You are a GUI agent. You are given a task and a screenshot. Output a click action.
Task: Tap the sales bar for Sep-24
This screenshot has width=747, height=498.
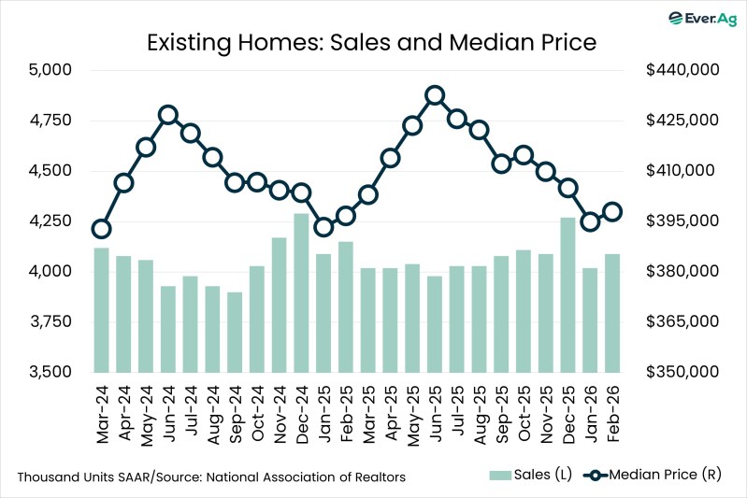click(235, 332)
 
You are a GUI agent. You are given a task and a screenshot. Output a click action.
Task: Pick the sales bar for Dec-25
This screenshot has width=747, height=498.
click(567, 294)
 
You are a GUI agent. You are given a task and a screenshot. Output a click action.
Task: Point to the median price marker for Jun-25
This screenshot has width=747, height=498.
click(435, 95)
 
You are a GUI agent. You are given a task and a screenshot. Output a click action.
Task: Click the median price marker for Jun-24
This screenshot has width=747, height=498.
click(168, 115)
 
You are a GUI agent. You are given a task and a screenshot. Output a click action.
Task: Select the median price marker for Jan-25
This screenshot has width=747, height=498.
click(323, 227)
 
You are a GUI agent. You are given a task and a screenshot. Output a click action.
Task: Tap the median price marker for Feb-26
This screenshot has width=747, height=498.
click(612, 212)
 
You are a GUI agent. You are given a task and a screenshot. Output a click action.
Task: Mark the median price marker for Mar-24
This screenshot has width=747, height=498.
click(102, 229)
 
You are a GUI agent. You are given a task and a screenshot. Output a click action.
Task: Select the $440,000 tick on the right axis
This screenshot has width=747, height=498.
click(682, 70)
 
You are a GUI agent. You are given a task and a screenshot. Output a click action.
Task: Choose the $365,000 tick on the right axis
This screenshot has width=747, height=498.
click(682, 321)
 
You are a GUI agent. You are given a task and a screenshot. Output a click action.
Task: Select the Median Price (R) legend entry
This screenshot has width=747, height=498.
click(654, 477)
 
